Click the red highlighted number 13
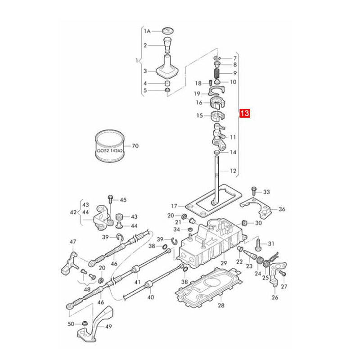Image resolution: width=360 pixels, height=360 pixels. pos(244,113)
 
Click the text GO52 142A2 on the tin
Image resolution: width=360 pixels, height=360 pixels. pos(110,151)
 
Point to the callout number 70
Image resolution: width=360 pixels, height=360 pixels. pos(135,146)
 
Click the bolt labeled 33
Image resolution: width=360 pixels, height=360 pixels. pos(253,190)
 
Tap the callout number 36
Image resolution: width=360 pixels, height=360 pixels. pos(282,209)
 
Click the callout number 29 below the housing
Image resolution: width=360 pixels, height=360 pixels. pos(224,263)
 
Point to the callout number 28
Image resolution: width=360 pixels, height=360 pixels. pos(221,305)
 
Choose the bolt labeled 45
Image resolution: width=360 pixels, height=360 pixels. pos(110,199)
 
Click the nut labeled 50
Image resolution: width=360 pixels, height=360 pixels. pos(85,323)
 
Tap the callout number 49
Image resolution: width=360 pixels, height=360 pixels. pos(108,326)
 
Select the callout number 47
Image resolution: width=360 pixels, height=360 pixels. pos(73,242)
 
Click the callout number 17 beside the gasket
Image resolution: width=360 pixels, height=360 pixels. pos(174,206)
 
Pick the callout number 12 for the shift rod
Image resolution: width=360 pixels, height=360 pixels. pos(233,171)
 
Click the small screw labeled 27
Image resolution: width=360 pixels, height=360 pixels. pos(282,273)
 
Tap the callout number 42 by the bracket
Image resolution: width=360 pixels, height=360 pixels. pos(73,212)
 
